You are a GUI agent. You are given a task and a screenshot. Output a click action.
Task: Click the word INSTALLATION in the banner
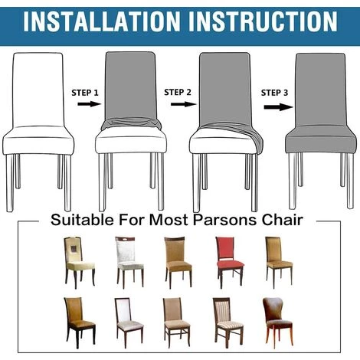coord(101,21)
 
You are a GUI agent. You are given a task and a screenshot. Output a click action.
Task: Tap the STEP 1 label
coord(85,93)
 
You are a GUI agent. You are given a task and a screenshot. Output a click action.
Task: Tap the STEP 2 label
coord(178,92)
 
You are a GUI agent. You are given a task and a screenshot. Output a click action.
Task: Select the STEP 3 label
coord(274,93)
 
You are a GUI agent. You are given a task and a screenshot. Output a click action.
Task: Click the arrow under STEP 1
coord(90,104)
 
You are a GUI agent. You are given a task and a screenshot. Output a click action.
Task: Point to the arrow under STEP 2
coord(184,104)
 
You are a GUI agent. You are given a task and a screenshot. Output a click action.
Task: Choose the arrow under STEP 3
coord(279,107)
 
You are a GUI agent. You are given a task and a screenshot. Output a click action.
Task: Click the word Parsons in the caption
coord(224,220)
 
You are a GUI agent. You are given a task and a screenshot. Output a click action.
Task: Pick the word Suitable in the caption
coord(82,220)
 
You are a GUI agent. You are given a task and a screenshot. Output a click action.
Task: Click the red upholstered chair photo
coord(230,262)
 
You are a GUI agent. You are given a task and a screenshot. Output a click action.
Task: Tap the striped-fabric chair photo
coord(227,323)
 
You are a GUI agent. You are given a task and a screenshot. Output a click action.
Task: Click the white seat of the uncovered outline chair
coord(38,140)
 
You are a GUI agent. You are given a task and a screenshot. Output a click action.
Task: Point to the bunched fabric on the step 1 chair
coord(131,123)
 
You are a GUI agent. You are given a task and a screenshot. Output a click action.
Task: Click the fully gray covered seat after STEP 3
coord(320,139)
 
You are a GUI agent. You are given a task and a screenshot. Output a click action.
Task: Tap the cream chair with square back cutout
coord(80,262)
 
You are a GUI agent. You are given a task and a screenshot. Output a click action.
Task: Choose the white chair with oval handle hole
coord(130,262)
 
